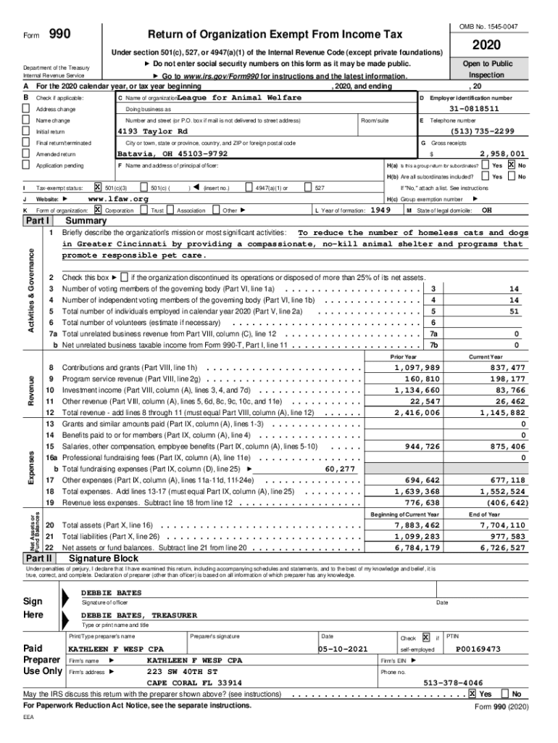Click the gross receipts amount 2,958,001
[502, 154]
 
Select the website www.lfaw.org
[117, 198]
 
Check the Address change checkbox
[27, 109]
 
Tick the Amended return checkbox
[27, 155]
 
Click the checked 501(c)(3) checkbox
[98, 187]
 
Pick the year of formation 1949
[381, 210]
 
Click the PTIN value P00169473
[478, 649]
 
